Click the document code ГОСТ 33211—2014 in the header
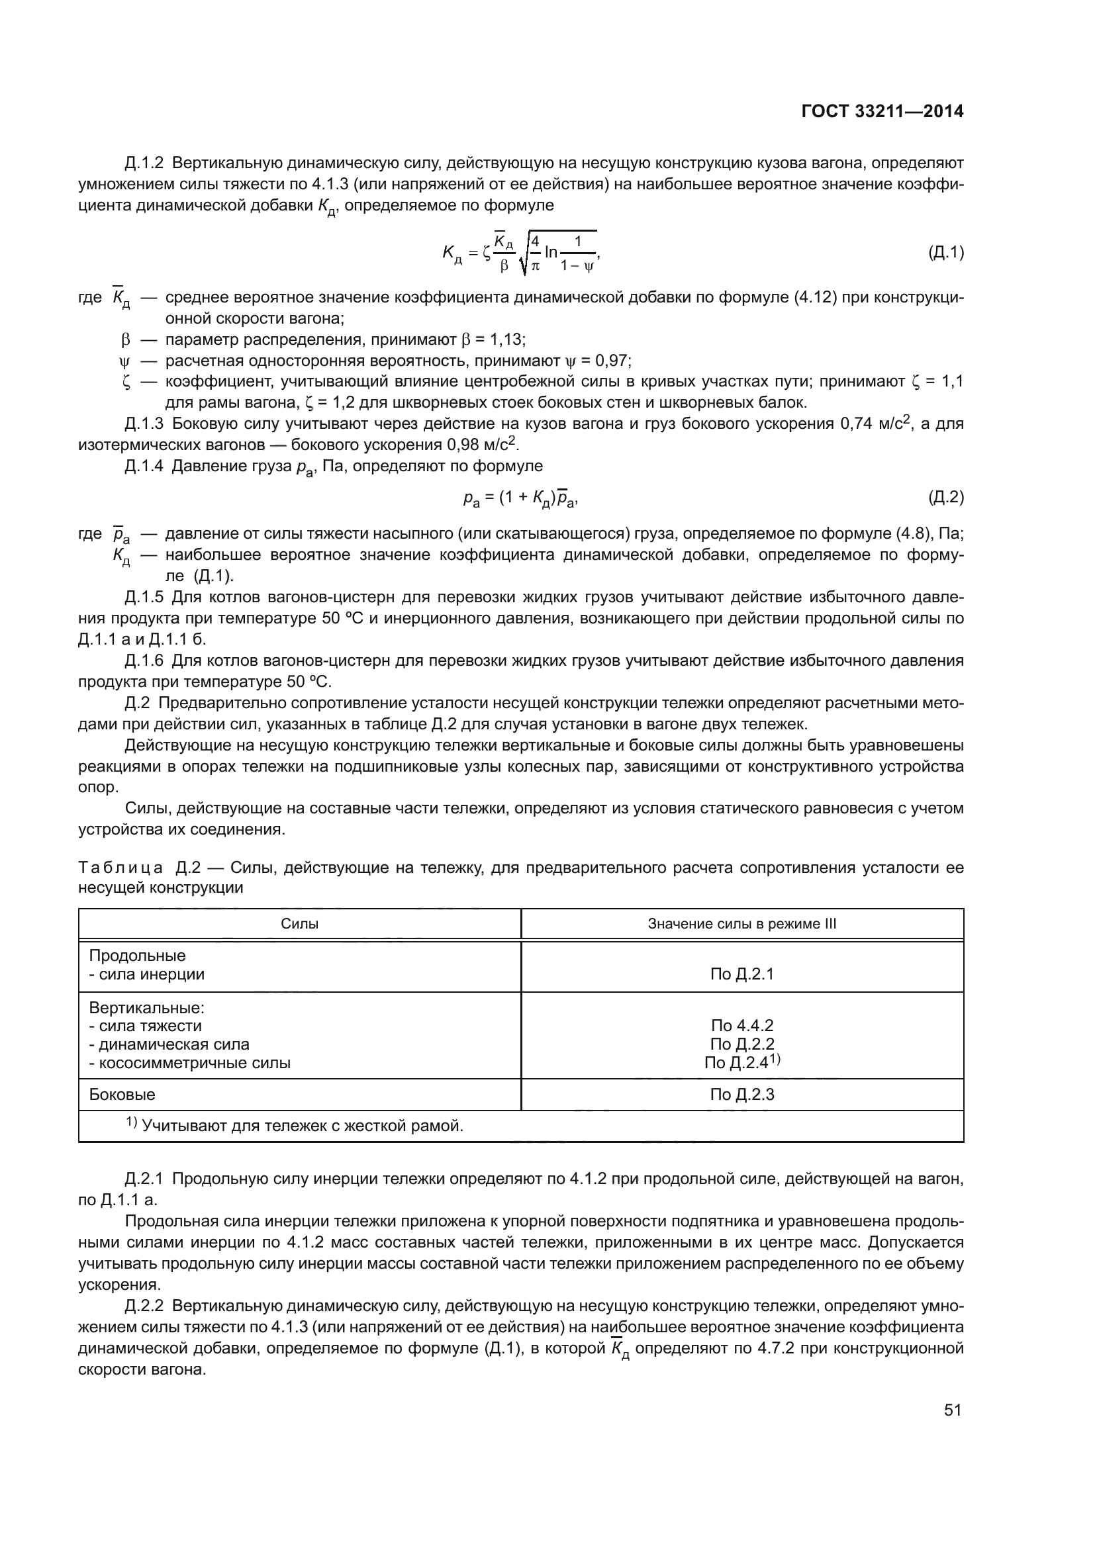click(x=882, y=112)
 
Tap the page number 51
click(x=952, y=1410)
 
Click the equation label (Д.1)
click(x=945, y=253)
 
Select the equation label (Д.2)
click(x=945, y=498)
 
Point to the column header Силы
click(x=299, y=924)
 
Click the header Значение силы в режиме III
click(x=741, y=924)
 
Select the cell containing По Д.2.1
click(x=741, y=974)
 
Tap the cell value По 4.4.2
click(x=741, y=1025)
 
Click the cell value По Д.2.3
click(x=741, y=1094)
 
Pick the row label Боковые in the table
click(x=122, y=1094)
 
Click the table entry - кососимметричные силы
click(x=189, y=1064)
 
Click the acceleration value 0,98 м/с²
click(x=481, y=445)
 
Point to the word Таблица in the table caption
click(x=120, y=867)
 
